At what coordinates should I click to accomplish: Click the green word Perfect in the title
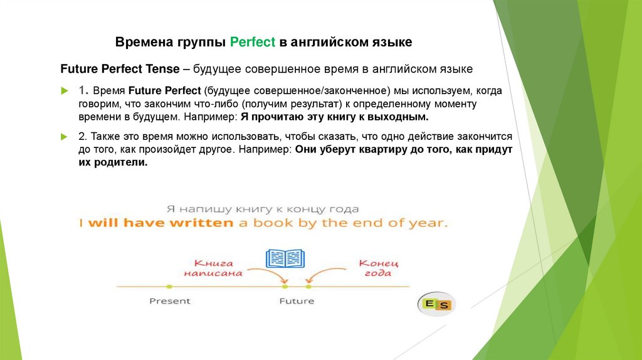(253, 43)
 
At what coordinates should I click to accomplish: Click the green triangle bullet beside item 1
(64, 92)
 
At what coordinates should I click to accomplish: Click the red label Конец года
(379, 268)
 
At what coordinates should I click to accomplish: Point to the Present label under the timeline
(169, 301)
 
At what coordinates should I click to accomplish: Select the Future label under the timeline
(296, 301)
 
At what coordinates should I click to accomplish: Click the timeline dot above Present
(169, 286)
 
